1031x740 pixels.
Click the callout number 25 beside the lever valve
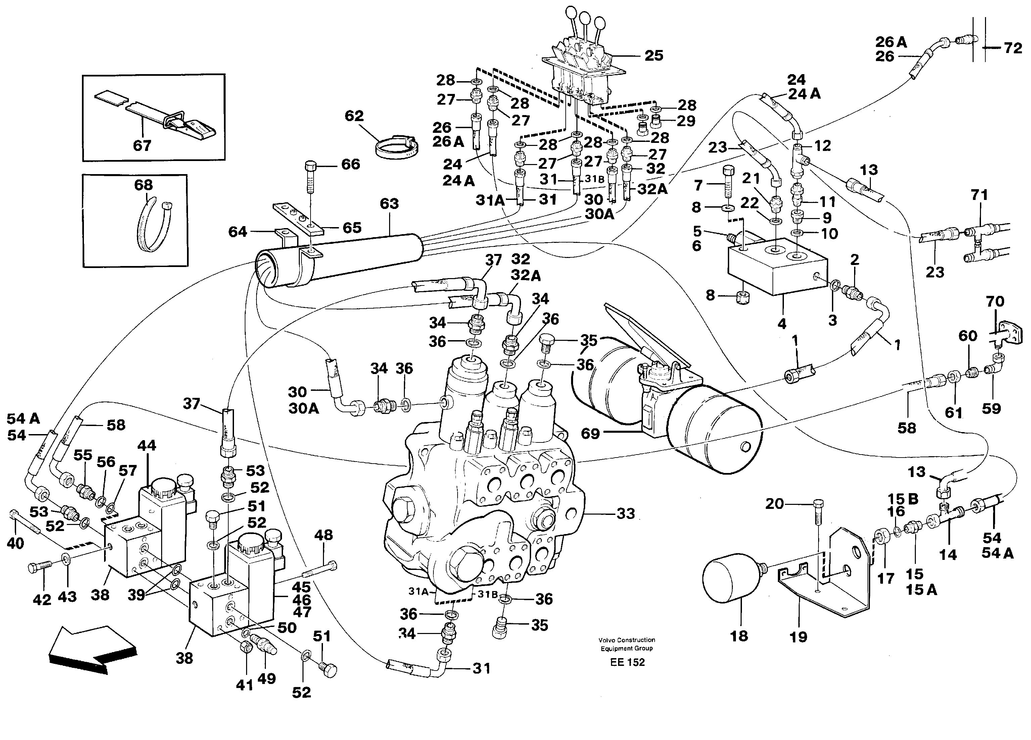[654, 56]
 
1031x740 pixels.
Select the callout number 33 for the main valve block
[625, 514]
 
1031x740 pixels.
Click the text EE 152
[627, 662]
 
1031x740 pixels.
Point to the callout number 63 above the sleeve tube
[389, 204]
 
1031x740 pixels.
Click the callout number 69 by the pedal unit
[590, 433]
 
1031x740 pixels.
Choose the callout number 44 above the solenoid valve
[146, 445]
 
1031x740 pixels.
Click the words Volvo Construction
[626, 640]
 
